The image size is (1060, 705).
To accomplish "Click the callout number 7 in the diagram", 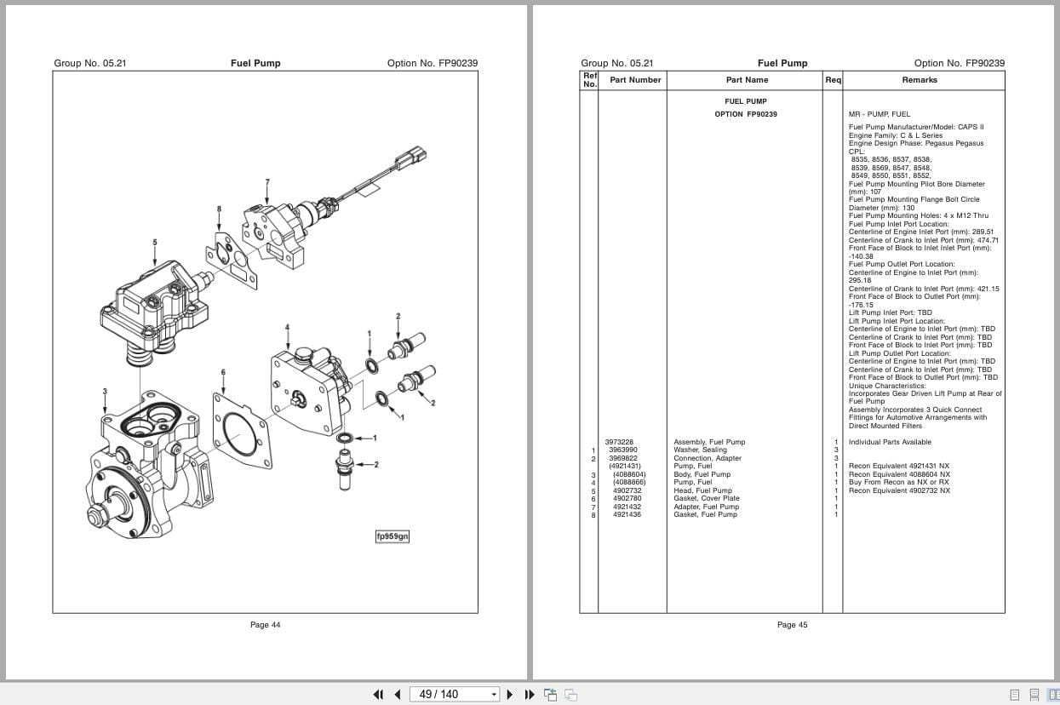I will pos(267,182).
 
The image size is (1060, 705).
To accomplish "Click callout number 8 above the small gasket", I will pos(219,209).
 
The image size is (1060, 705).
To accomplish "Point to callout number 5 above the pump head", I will pos(155,242).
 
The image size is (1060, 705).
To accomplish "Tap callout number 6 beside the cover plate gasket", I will pos(223,372).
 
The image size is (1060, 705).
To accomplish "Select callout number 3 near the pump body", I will pos(105,392).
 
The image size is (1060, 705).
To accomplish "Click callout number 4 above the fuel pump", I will pos(287,328).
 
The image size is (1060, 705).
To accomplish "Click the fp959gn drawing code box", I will pos(392,536).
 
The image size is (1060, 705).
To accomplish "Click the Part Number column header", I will pos(635,80).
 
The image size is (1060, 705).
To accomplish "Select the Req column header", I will pos(833,80).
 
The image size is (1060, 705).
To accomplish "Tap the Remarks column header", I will pos(920,80).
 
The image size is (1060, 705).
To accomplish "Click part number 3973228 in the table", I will pos(619,442).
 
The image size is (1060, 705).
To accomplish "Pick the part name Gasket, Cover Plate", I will pos(706,499).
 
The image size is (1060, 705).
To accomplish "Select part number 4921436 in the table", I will pos(627,515).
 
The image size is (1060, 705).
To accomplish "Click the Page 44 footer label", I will pos(265,625).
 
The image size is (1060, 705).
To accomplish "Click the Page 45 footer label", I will pos(792,625).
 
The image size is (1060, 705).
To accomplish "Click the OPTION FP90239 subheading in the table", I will pos(745,114).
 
